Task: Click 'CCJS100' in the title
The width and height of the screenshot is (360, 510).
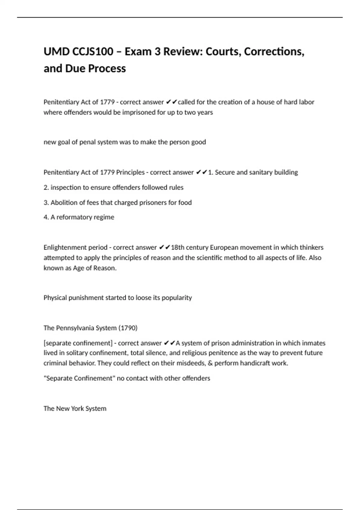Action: click(93, 52)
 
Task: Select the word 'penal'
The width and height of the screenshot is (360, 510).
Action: click(87, 142)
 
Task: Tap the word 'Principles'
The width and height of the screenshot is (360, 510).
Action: click(130, 172)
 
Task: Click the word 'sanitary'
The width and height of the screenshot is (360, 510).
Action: click(261, 172)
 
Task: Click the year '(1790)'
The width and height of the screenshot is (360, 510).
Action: click(128, 328)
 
